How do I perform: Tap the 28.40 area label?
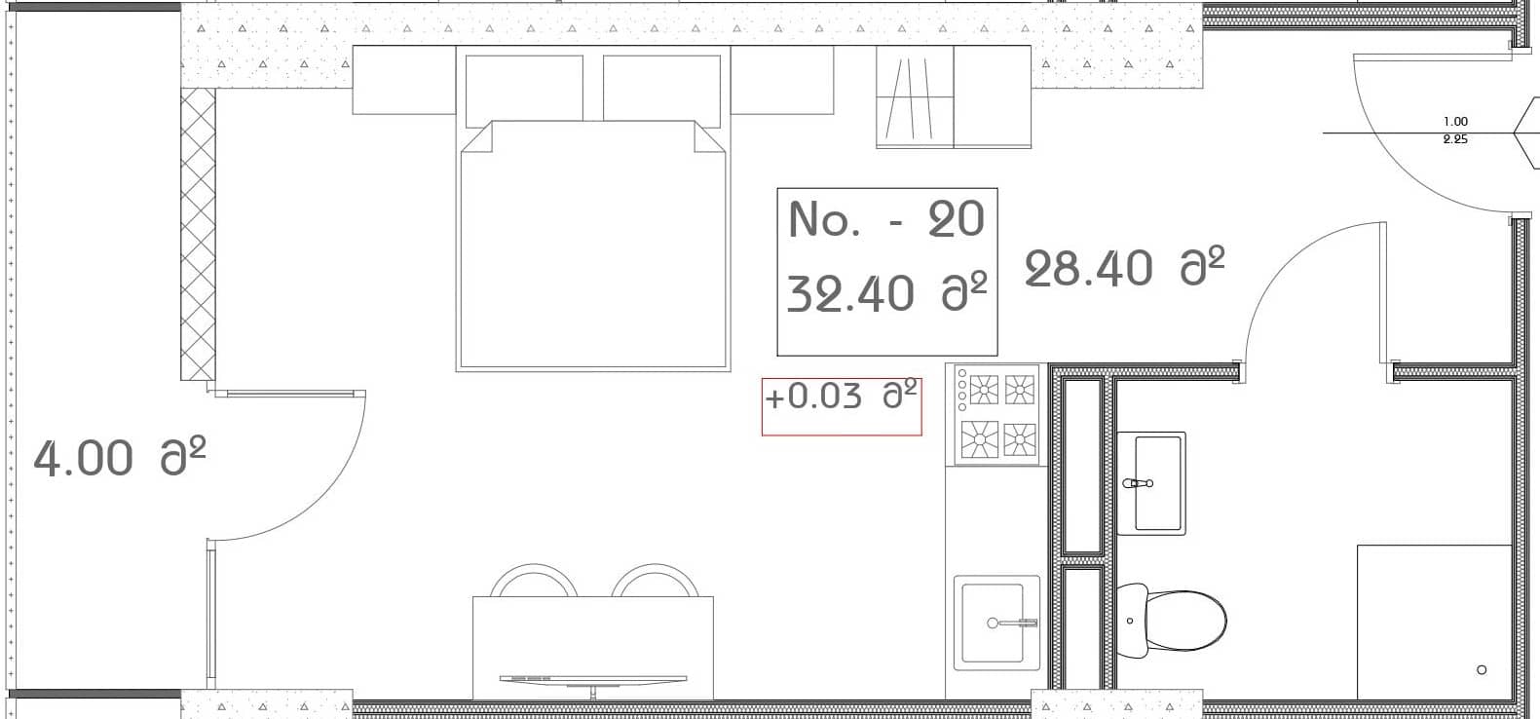[x=1124, y=268]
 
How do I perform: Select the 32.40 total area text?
[x=886, y=291]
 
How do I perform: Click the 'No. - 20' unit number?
[x=886, y=219]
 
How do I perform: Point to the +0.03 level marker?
[x=841, y=397]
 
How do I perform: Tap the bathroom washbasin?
[x=1150, y=482]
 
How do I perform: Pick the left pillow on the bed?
[x=524, y=89]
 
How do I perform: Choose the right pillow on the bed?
[x=661, y=89]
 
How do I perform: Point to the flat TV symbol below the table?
[x=593, y=679]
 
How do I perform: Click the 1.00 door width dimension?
[x=1455, y=122]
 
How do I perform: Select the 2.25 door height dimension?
[x=1455, y=139]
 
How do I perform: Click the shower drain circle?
[x=1482, y=669]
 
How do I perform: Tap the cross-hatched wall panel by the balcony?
[x=198, y=234]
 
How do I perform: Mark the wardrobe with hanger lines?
[x=914, y=97]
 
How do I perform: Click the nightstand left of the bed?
[x=403, y=80]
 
